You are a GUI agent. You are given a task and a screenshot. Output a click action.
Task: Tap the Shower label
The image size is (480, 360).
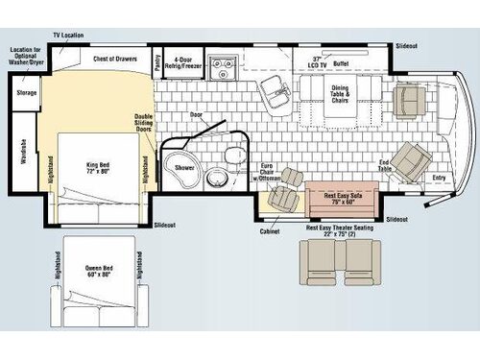coord(184,166)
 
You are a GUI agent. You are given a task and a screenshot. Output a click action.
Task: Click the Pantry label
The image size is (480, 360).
coord(157,60)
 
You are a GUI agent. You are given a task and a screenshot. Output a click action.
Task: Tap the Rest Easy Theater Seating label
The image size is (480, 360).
coord(328,229)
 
